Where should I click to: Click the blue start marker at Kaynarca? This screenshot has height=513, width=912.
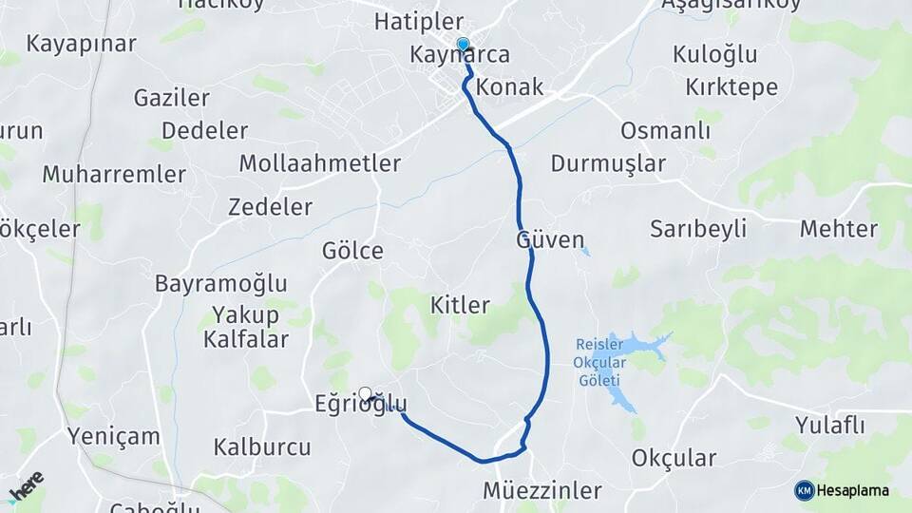[x=463, y=44]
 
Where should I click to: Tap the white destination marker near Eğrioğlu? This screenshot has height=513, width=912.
[x=365, y=393]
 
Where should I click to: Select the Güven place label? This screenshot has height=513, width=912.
[x=550, y=240]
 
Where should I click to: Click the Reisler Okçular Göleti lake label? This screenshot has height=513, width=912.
[x=599, y=360]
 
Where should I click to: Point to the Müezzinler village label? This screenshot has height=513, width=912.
[x=542, y=491]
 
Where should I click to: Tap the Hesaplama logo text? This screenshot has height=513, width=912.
[x=852, y=490]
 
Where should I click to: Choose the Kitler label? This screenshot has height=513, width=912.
[x=460, y=305]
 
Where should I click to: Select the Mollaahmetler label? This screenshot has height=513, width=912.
[x=319, y=163]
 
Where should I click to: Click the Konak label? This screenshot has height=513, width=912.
[x=510, y=87]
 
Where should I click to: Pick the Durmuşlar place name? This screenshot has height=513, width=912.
[x=608, y=163]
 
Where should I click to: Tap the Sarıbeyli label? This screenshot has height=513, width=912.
[x=698, y=228]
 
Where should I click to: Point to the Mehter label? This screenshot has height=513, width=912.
[x=838, y=228]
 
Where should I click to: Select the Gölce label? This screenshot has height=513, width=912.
[x=352, y=251]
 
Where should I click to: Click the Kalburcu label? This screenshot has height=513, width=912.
[x=262, y=446]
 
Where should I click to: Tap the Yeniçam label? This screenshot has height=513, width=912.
[x=114, y=437]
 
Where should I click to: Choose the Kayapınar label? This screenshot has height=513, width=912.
[x=82, y=44]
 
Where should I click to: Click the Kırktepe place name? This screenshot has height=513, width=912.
[x=731, y=87]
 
